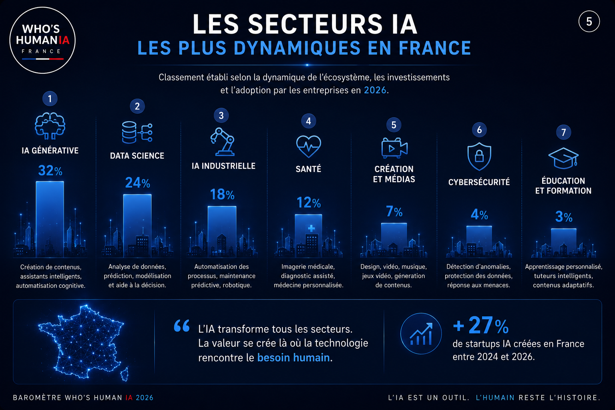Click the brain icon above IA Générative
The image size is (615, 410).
(50, 126)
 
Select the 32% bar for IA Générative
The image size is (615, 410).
(50, 219)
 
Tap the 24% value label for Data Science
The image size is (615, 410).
(138, 183)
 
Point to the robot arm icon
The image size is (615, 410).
(223, 142)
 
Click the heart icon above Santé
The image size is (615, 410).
(309, 147)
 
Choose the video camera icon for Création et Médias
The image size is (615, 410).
(394, 148)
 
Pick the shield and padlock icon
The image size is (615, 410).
(479, 156)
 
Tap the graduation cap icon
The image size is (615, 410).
(564, 158)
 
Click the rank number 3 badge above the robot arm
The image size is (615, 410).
(221, 115)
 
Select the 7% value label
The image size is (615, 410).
(394, 211)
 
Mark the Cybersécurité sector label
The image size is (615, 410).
(479, 182)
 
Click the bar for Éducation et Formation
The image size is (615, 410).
(564, 243)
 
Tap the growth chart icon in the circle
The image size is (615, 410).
(421, 334)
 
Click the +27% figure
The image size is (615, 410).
(481, 326)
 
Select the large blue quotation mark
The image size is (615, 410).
(182, 326)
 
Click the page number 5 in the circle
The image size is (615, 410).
(589, 21)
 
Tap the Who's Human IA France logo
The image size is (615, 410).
(42, 40)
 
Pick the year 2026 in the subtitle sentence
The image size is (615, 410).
(375, 90)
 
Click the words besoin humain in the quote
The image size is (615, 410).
(293, 358)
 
